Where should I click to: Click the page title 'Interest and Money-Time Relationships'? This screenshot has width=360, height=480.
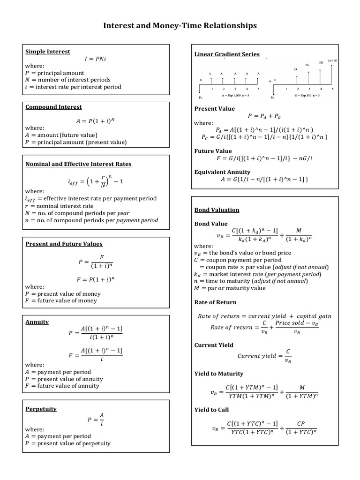click(x=180, y=26)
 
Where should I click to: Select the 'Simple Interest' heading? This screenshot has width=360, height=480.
click(x=47, y=52)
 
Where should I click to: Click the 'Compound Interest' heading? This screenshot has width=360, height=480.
click(x=53, y=107)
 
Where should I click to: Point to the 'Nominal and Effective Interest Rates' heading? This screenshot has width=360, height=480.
click(x=78, y=164)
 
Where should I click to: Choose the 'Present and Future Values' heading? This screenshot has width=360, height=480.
click(x=64, y=244)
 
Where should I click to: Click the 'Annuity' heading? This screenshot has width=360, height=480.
click(x=37, y=322)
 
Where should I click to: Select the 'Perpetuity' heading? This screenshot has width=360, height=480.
click(x=41, y=409)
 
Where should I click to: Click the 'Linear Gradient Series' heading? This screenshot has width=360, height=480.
click(x=227, y=54)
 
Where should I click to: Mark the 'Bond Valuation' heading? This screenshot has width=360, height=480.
click(x=217, y=210)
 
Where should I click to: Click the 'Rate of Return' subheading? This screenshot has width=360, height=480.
click(x=215, y=302)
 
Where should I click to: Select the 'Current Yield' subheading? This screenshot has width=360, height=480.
click(x=214, y=345)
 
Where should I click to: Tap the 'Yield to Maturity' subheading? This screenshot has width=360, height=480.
click(x=219, y=374)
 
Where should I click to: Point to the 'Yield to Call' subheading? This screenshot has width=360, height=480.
click(x=211, y=410)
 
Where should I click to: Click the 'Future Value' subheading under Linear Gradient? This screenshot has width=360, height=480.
click(x=213, y=151)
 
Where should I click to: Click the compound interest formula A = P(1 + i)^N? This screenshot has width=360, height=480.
click(x=95, y=121)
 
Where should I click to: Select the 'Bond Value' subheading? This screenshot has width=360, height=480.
click(x=211, y=224)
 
